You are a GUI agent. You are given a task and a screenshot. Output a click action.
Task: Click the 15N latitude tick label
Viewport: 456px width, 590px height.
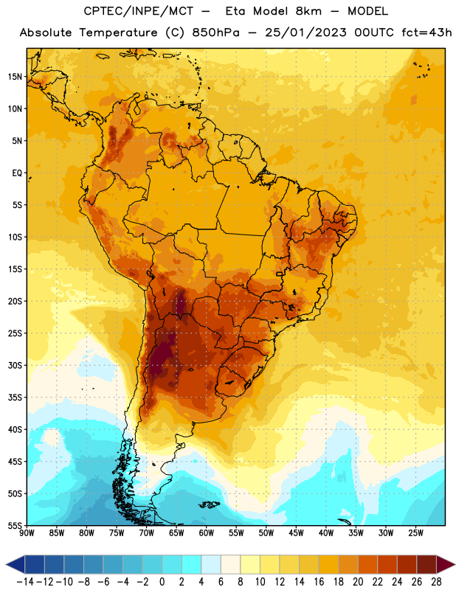click(x=15, y=77)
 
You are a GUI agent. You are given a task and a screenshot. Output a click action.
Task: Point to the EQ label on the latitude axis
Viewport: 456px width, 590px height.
click(x=17, y=173)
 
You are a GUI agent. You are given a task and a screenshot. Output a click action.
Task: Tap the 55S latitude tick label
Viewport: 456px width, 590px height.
click(x=15, y=525)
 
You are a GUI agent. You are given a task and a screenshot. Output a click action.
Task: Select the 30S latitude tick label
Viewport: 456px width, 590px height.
click(x=15, y=365)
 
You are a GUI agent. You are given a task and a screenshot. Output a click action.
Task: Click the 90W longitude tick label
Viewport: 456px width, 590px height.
click(x=27, y=532)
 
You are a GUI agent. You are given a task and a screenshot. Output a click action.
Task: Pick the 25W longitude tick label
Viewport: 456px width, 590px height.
click(x=415, y=532)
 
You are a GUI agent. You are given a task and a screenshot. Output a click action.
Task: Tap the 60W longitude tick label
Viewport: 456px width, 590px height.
click(x=207, y=532)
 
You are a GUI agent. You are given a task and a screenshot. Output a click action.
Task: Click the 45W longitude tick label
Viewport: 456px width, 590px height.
click(x=296, y=532)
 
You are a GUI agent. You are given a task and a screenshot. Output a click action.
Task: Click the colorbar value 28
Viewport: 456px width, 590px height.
click(x=436, y=582)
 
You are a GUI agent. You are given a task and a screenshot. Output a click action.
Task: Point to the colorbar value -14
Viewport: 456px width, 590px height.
click(x=25, y=582)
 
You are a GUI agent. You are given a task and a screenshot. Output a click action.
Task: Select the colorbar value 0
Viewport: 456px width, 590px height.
click(x=162, y=582)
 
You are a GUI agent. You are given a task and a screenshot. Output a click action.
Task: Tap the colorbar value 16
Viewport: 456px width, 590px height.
click(x=319, y=582)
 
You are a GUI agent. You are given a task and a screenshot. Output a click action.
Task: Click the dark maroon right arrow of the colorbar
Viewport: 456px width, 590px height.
click(x=445, y=564)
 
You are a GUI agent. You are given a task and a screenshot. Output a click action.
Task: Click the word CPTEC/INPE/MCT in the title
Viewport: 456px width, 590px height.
click(x=139, y=11)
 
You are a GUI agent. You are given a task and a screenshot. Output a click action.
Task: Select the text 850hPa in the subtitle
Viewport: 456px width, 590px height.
click(x=215, y=32)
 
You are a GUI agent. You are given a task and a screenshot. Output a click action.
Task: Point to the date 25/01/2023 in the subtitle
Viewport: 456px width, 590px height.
click(x=305, y=32)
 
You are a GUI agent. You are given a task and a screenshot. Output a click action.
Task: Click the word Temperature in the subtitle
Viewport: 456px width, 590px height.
click(x=118, y=32)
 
